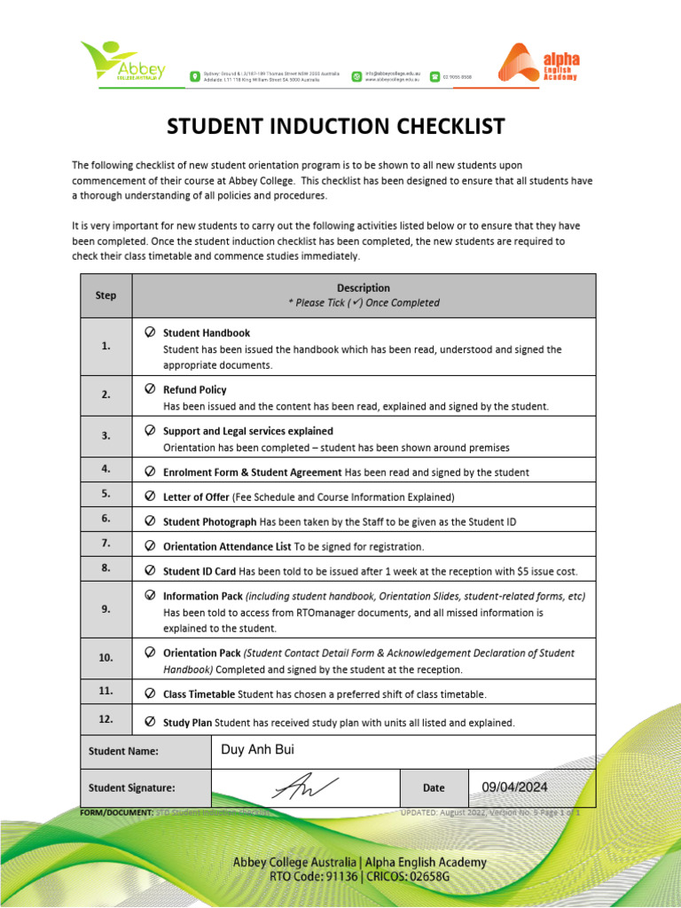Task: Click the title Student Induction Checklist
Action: coord(336,126)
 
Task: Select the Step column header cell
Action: coord(106,295)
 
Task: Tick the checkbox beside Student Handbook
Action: coord(150,333)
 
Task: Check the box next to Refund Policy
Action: coord(150,389)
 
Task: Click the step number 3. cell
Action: coord(106,436)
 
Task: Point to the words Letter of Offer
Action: coord(196,497)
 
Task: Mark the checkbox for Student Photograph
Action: coord(150,521)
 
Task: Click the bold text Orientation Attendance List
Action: coord(227,546)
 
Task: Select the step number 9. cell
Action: coord(106,610)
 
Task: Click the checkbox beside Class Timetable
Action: coord(150,693)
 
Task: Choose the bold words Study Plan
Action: coord(187,723)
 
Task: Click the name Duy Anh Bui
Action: coord(257,750)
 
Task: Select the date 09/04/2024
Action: coord(514,787)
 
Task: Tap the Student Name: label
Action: coord(123,751)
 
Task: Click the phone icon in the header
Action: coord(434,77)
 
